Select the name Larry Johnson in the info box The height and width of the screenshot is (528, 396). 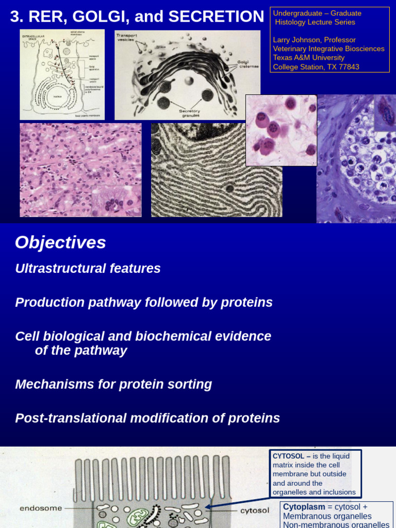(x=298, y=40)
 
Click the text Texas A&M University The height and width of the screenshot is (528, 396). (x=308, y=58)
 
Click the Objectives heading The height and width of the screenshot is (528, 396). (x=60, y=242)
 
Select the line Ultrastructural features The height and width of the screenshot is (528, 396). (x=88, y=269)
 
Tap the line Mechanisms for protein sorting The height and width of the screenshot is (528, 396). (x=113, y=384)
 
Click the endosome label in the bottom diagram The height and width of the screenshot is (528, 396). (x=41, y=508)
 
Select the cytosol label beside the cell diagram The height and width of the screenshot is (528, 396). (x=255, y=510)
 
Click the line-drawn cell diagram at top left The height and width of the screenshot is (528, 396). (x=62, y=75)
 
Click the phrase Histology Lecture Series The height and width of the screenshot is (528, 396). (x=315, y=22)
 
